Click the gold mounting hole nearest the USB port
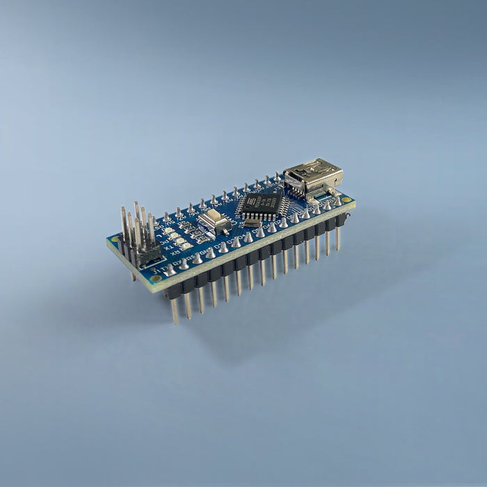click(346, 200)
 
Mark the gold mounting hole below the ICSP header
click(156, 278)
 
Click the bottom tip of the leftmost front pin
click(175, 321)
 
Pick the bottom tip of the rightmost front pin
click(338, 248)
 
